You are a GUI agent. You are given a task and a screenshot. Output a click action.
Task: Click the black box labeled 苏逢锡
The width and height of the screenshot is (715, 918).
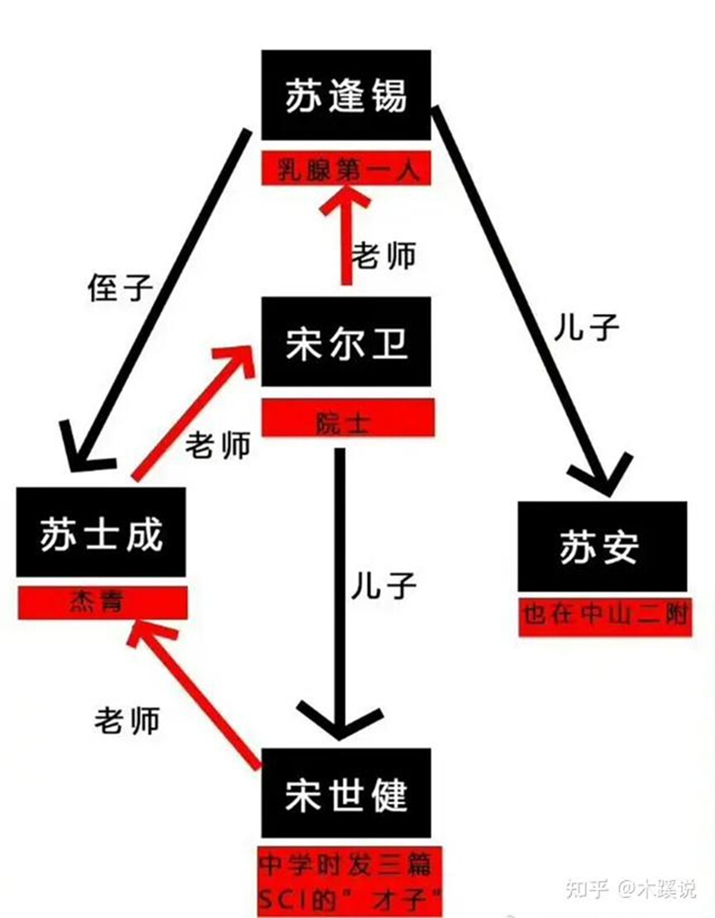(346, 95)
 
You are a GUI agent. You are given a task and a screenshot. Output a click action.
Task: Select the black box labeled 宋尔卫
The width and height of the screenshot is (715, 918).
(346, 341)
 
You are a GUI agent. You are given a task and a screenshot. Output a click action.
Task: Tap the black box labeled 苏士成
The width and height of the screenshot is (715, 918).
(102, 532)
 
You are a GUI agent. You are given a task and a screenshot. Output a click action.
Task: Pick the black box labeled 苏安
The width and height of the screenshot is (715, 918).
(602, 546)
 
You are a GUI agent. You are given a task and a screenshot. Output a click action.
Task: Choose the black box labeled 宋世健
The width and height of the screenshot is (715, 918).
(346, 792)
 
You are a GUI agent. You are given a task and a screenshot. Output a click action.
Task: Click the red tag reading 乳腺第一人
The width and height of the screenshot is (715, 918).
(346, 169)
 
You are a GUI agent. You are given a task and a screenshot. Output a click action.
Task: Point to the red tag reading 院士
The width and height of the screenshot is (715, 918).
(348, 418)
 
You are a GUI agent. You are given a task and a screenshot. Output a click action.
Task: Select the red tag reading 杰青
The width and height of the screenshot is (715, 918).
(102, 602)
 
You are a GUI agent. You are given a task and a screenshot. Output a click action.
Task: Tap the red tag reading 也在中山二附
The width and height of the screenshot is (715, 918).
(606, 616)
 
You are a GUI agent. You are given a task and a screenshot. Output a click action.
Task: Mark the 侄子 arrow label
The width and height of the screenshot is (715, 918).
(120, 288)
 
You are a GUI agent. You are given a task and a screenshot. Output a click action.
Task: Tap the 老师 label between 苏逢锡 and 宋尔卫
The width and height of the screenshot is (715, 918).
(384, 255)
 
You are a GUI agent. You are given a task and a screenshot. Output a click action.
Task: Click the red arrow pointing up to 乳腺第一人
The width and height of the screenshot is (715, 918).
(346, 234)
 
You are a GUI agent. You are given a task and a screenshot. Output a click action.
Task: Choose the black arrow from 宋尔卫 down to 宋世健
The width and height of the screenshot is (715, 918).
(341, 594)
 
